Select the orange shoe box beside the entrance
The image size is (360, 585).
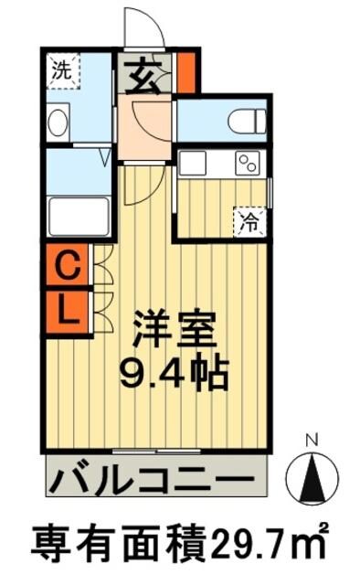click(185, 73)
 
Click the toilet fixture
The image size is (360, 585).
click(246, 120)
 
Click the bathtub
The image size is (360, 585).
click(79, 216)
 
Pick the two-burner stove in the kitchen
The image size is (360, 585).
click(248, 163)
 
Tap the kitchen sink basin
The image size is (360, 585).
click(194, 164)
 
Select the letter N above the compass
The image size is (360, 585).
click(311, 441)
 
